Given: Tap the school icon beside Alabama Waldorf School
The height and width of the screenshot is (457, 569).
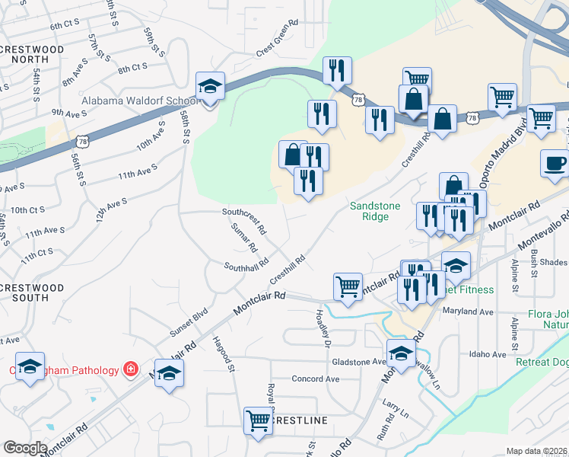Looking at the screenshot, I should pos(209,86).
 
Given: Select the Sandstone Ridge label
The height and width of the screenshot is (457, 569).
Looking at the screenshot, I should pos(370,211).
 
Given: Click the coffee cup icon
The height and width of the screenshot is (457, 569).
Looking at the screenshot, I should pos(554,163).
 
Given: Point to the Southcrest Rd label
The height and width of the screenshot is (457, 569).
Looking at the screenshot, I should pos(243,219).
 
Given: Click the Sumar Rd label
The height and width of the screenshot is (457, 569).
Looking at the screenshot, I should pos(243,238).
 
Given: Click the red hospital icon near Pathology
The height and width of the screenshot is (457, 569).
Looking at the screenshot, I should pos(131,369).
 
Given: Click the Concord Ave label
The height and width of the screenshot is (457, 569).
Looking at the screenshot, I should pos(315,379).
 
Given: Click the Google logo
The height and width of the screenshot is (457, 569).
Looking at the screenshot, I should pos(25,448).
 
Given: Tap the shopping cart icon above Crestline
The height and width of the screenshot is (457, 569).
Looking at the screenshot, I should pos(258,420).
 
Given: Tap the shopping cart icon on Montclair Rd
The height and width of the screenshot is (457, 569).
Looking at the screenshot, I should pos(348,286).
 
